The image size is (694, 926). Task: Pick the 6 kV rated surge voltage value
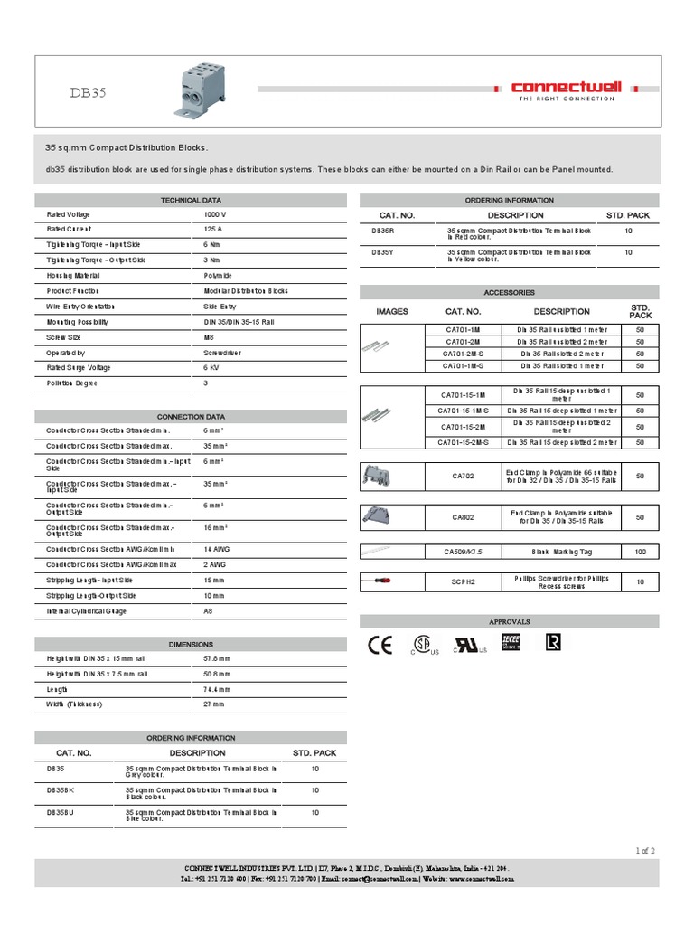pos(211,368)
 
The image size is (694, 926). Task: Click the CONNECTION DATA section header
pos(191,416)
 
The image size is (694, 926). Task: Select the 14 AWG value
pos(216,549)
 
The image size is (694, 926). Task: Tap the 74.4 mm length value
pos(216,688)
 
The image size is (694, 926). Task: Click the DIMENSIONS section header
pos(191,643)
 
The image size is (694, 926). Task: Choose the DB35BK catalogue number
pos(62,789)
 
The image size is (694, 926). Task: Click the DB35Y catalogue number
pos(383,252)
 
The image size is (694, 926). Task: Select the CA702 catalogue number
pos(462,475)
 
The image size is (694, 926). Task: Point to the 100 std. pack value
pos(640,551)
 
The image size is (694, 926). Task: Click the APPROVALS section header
pos(510,621)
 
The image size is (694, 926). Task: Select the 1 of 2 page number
pos(644,849)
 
